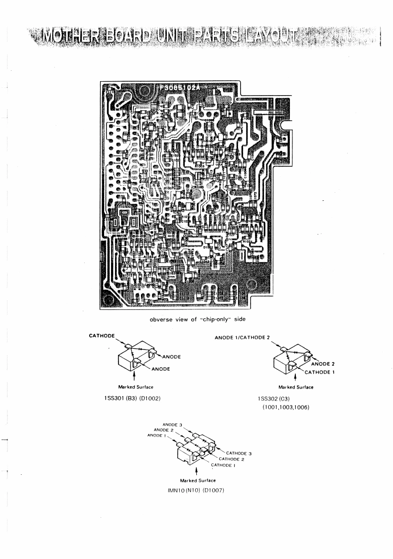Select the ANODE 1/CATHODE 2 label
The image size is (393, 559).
242,338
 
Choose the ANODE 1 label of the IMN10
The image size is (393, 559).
158,435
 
